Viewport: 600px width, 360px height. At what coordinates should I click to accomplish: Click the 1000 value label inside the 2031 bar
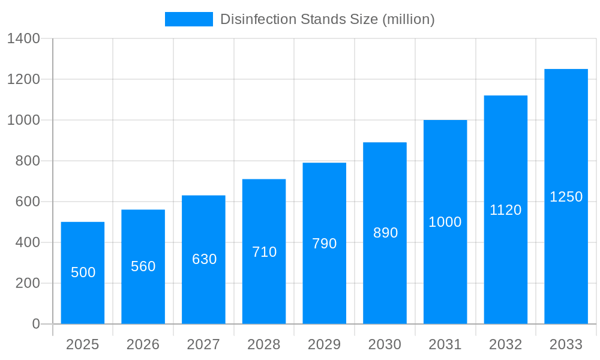tap(445, 222)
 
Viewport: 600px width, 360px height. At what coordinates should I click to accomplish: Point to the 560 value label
tap(143, 266)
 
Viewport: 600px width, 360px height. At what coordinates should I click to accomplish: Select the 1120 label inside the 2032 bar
tap(506, 210)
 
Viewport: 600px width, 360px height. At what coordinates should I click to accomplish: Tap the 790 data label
tap(325, 244)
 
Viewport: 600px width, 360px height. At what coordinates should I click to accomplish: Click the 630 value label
tap(204, 259)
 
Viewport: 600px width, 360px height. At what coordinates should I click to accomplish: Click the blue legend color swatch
tap(189, 19)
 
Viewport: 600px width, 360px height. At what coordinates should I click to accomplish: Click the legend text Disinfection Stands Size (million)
tap(327, 19)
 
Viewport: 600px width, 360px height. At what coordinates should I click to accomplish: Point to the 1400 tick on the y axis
tap(23, 39)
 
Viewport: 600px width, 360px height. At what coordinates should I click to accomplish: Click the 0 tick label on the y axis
tap(35, 324)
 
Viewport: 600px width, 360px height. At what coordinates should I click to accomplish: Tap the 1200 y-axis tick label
tap(23, 80)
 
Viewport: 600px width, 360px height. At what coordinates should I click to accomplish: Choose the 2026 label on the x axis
tap(143, 345)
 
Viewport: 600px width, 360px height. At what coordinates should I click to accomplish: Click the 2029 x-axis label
tap(325, 345)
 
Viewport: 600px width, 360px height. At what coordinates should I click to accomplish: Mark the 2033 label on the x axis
tap(566, 345)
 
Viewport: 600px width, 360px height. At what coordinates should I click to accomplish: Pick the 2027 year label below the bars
tap(204, 345)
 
